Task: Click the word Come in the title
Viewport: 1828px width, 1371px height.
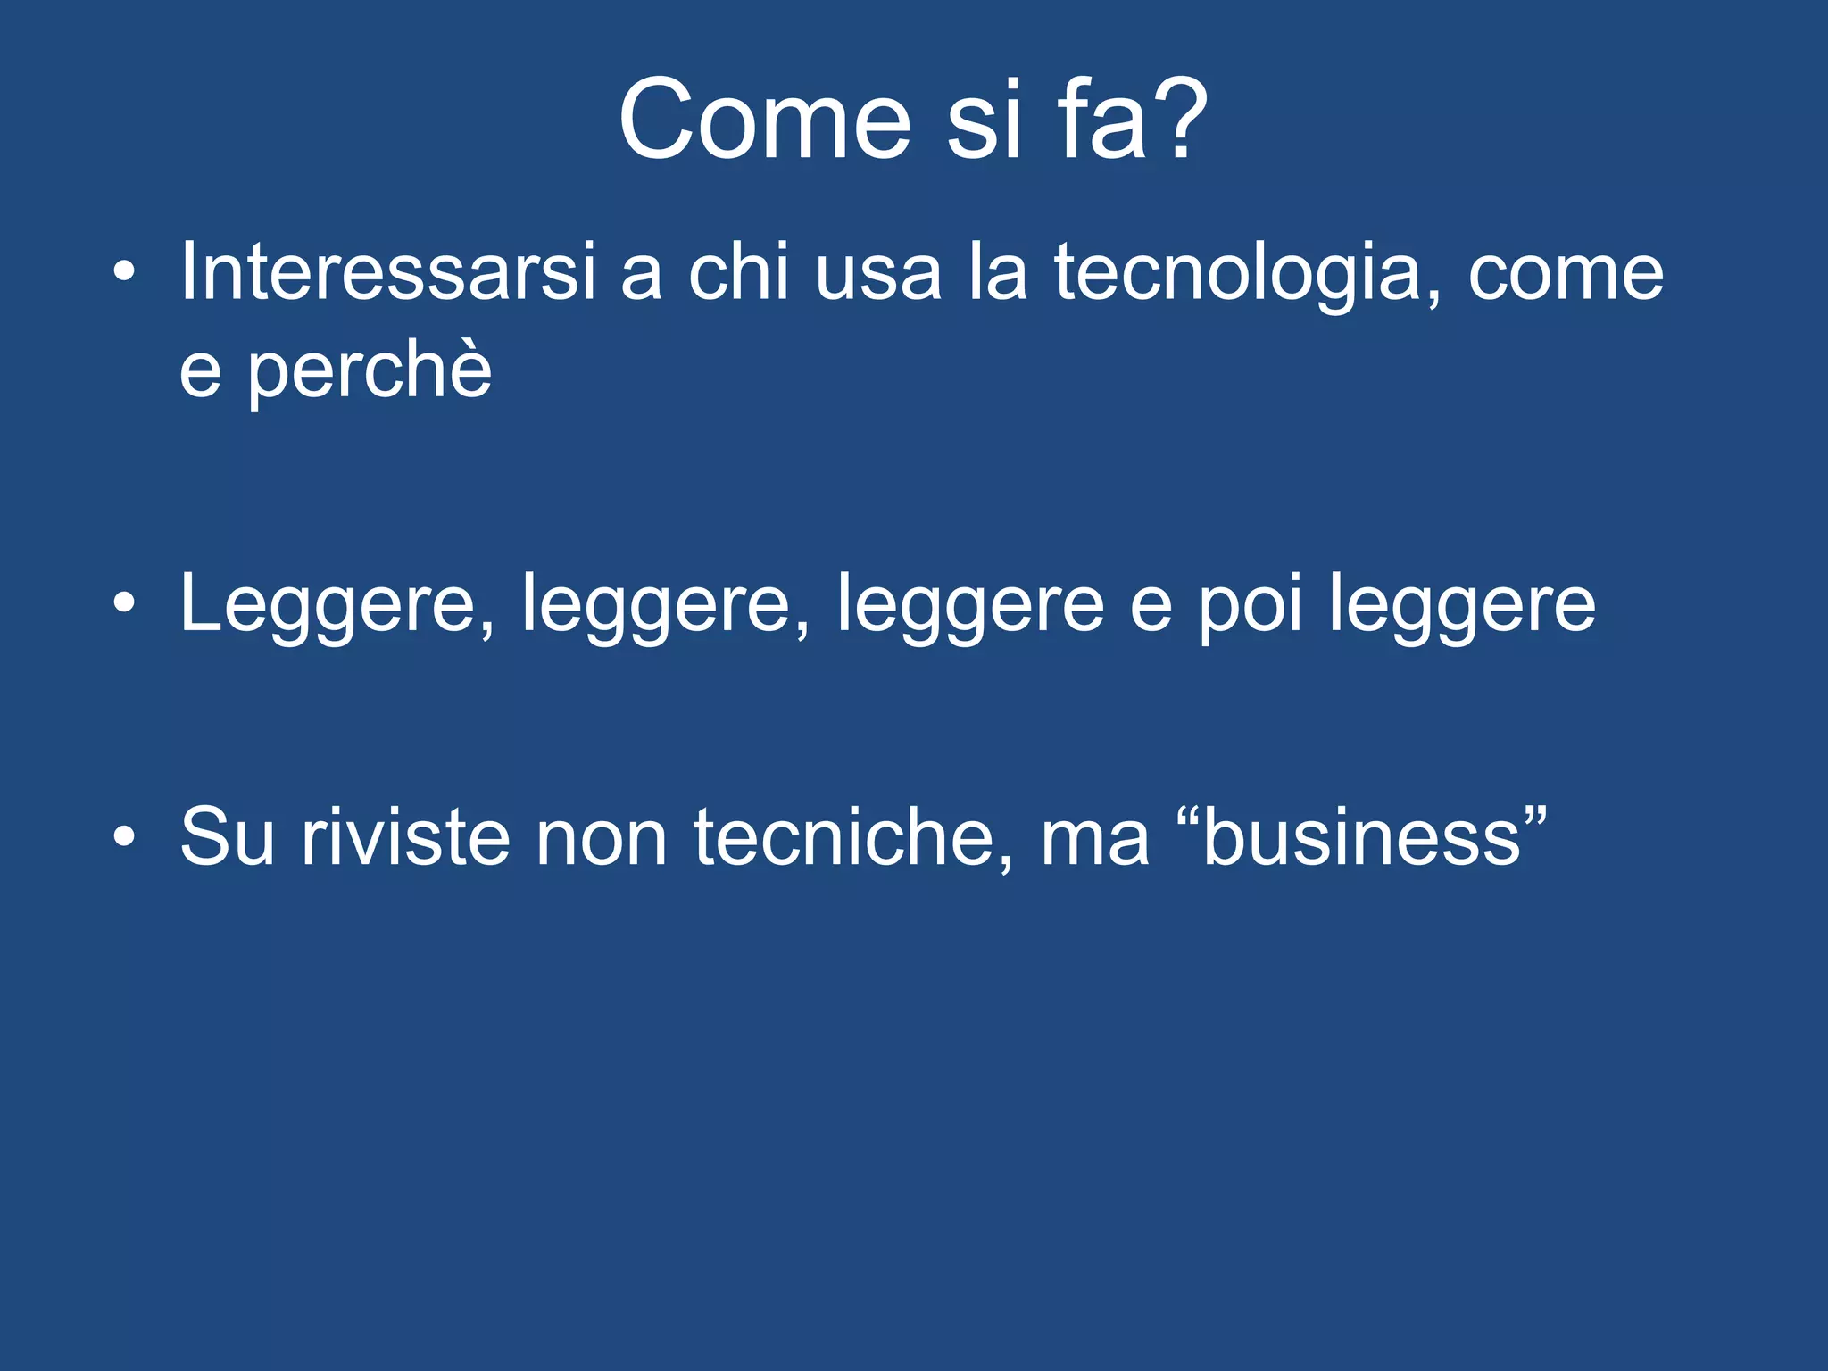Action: pos(764,120)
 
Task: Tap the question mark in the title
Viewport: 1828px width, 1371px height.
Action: pos(1180,120)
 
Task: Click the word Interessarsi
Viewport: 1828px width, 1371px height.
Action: pos(387,271)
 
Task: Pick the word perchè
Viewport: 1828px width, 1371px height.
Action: pos(370,371)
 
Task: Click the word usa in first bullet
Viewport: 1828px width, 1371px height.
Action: pos(878,273)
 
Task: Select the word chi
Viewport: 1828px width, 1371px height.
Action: pos(739,271)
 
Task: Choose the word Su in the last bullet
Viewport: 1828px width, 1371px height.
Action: pos(227,837)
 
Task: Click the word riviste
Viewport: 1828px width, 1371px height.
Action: pos(405,837)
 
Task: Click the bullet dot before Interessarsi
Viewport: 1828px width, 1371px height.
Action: pos(124,271)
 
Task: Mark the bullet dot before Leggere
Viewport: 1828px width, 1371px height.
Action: pos(124,604)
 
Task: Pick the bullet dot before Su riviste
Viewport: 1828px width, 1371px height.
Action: pos(124,837)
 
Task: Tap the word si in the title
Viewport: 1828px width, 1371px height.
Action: pos(984,120)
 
